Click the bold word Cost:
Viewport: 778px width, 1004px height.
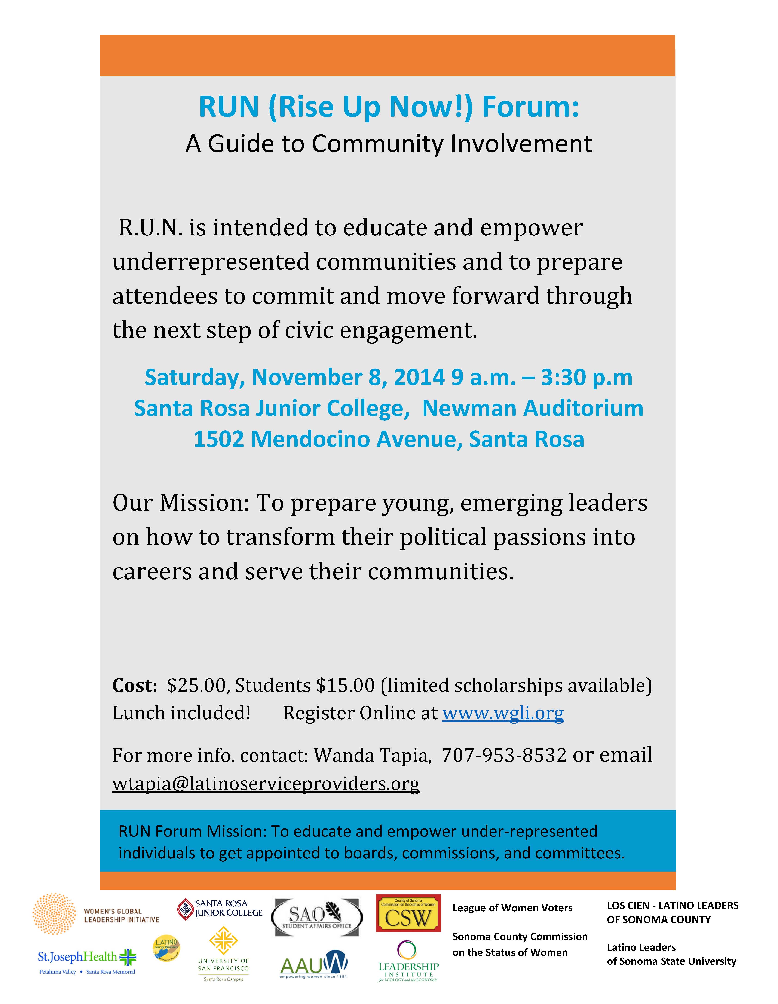click(x=135, y=685)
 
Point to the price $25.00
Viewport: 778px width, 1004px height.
click(x=197, y=685)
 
